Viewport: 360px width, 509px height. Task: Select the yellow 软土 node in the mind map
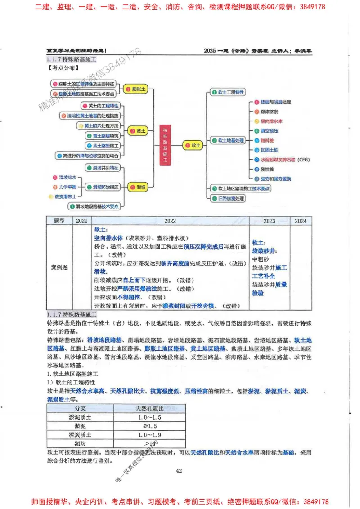[193, 145]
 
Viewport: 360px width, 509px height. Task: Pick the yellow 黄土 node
[138, 131]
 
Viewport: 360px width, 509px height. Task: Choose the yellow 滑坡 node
[138, 187]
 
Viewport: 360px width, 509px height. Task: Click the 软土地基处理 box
[229, 141]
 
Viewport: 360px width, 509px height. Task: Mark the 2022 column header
[170, 221]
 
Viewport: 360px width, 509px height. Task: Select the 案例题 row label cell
[60, 267]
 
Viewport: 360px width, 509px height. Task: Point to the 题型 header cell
[60, 221]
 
